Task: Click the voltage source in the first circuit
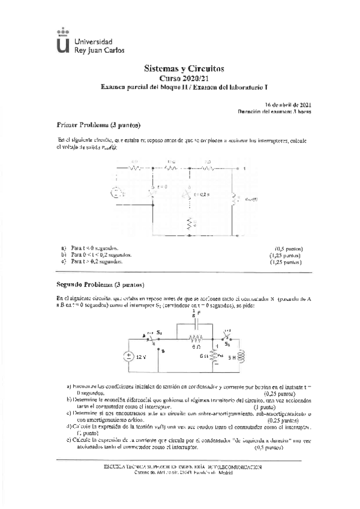click(116, 193)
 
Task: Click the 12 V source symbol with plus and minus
click(128, 355)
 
